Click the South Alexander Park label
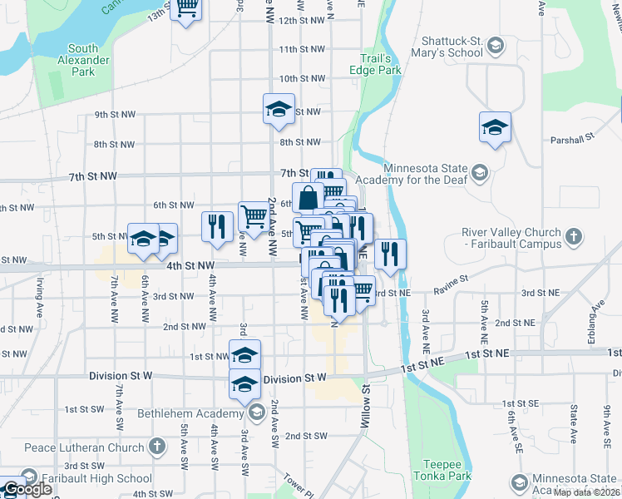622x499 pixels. (88, 60)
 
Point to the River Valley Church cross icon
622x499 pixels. (573, 238)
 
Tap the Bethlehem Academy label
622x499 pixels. (195, 413)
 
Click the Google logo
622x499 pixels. (27, 489)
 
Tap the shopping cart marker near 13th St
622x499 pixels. (188, 8)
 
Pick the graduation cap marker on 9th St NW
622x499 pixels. (279, 109)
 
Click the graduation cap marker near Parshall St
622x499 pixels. (495, 128)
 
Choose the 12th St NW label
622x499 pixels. (301, 20)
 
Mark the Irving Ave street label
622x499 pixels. (39, 298)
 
